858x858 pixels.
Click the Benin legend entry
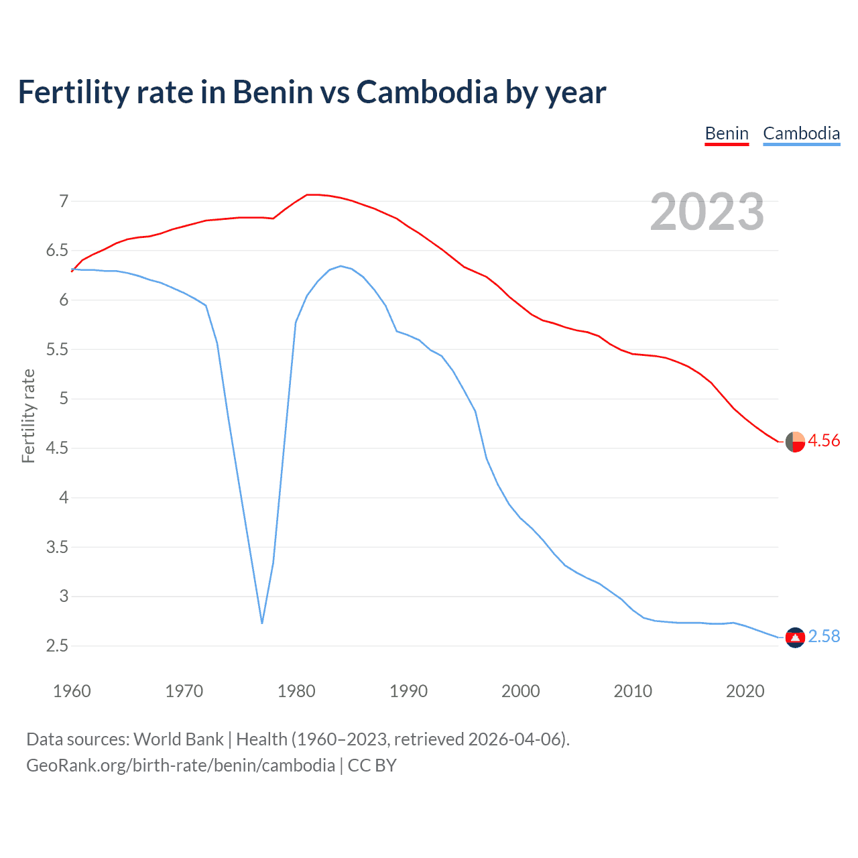point(727,133)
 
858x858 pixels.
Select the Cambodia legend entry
point(801,133)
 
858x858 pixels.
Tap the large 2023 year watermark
point(707,212)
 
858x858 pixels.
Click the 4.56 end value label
point(824,440)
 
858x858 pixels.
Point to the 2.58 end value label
point(824,636)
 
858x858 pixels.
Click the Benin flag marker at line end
point(795,442)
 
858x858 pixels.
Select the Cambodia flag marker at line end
point(795,637)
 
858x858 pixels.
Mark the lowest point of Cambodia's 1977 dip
point(262,623)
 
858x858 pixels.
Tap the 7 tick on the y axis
point(64,201)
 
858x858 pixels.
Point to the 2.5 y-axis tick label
point(57,646)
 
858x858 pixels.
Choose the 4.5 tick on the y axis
point(57,448)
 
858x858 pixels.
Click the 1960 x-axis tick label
point(72,691)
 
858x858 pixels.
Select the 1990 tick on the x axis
point(408,691)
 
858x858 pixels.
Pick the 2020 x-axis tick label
point(745,691)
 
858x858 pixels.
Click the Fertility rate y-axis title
point(28,416)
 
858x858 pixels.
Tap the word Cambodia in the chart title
point(426,92)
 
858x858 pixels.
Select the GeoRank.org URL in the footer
point(180,765)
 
